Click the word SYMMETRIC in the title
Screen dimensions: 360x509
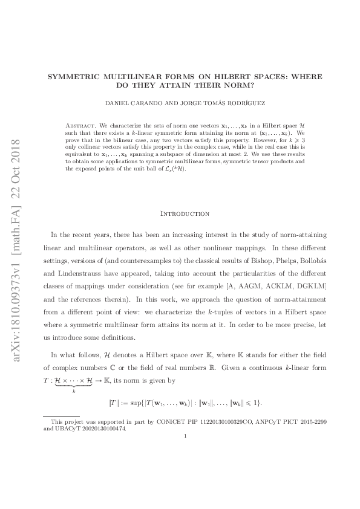coord(74,77)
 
